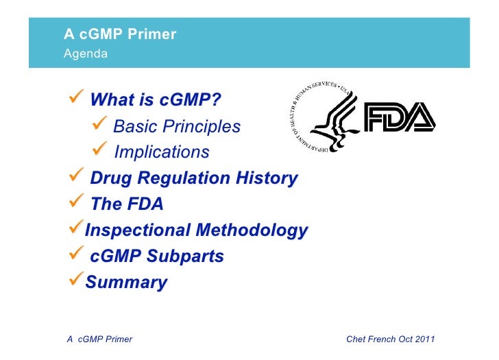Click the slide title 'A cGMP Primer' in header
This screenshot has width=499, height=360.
coord(120,34)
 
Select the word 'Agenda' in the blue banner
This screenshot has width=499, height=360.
coord(86,53)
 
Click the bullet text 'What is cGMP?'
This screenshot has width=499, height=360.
coord(156,101)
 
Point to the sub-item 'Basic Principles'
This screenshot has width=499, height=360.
coord(176,127)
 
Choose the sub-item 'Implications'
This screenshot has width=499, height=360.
coord(162,152)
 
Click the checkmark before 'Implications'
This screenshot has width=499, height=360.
coord(99,151)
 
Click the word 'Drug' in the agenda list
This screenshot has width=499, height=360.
coord(110,178)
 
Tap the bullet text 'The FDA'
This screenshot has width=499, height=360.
coord(127,204)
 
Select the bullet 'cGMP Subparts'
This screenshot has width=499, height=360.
coord(157,256)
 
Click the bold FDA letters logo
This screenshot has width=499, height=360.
coord(399,117)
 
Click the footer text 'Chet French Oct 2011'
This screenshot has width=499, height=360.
coord(391,339)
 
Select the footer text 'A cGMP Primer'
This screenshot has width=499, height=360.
coord(99,339)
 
